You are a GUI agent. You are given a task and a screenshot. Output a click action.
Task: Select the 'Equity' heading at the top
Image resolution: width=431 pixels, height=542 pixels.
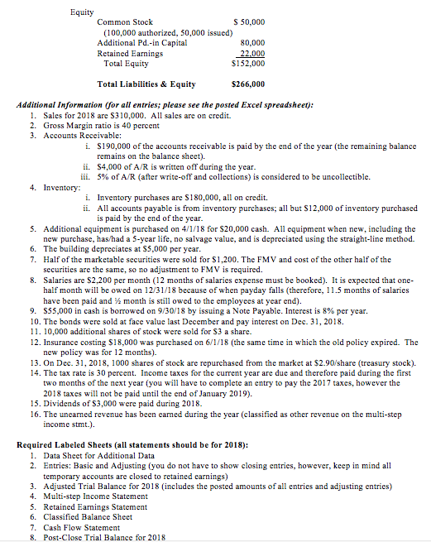(x=82, y=12)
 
